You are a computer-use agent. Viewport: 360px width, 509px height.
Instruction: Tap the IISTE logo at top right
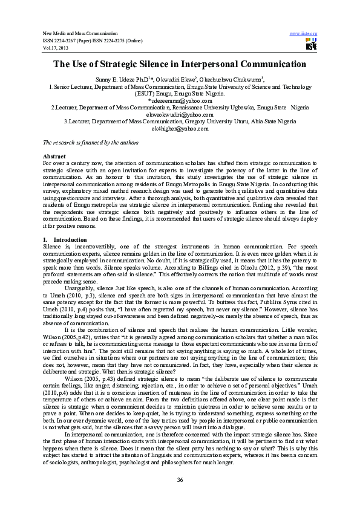[311, 44]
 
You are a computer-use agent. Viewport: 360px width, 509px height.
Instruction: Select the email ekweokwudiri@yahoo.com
[180, 114]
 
